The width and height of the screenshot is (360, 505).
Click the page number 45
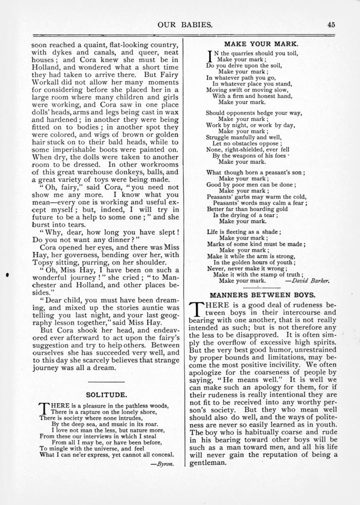[x=331, y=23]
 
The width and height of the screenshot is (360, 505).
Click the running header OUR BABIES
[x=179, y=23]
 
